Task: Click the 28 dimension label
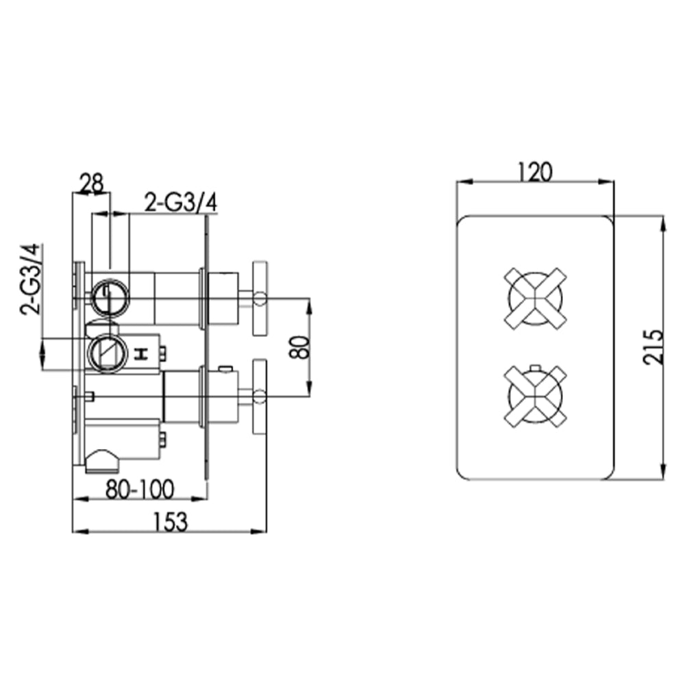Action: tap(91, 183)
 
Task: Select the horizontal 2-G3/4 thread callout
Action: tap(181, 202)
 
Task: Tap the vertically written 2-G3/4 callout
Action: tap(32, 279)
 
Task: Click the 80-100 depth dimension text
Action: tap(140, 489)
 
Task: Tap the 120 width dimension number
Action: tap(535, 172)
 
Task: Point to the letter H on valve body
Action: tap(142, 353)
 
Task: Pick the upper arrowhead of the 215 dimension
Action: tap(662, 223)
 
